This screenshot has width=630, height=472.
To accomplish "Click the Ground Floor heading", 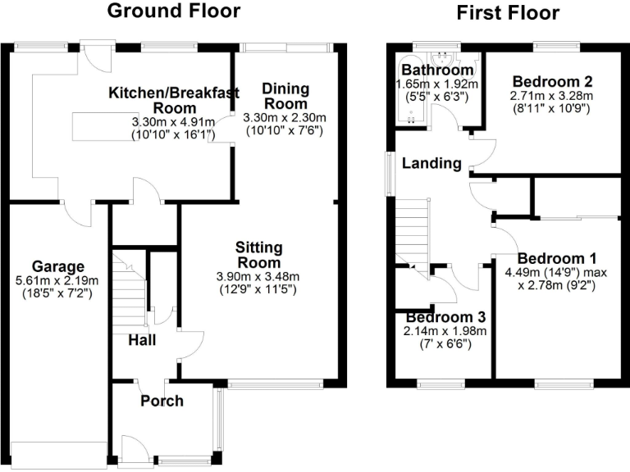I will pos(174,11).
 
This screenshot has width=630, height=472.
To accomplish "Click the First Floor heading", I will pos(508,12).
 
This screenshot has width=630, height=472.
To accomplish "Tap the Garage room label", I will pos(58,266).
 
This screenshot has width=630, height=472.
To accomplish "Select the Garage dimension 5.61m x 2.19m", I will pos(58,281).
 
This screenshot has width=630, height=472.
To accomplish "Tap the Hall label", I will pos(143,339).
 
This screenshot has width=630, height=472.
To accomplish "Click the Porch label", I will pos(162,401).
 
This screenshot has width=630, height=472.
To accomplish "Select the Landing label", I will pos(431,163).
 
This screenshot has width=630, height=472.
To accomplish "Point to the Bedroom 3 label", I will pos(445,317).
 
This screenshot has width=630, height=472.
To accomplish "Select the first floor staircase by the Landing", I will pos(413,233).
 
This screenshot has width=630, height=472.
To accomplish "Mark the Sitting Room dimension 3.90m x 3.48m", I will pos(259,275).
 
